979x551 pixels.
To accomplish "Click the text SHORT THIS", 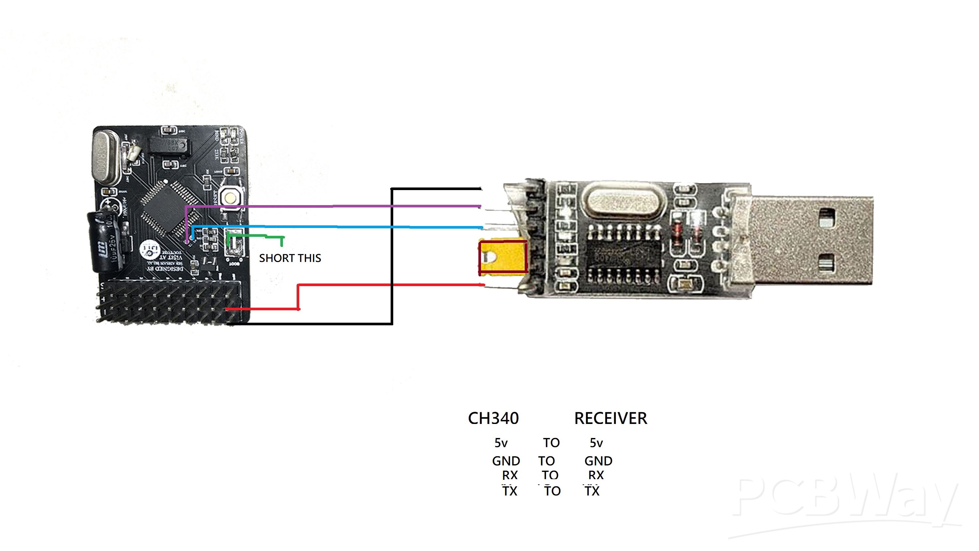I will pyautogui.click(x=290, y=258).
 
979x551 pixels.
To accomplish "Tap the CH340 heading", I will pyautogui.click(x=493, y=418).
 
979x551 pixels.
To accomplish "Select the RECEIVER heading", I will pyautogui.click(x=610, y=418).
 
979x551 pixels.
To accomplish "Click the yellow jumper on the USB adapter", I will pyautogui.click(x=503, y=257).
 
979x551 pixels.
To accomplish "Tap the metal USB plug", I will pyautogui.click(x=802, y=239).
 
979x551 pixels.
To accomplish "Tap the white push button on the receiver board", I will pyautogui.click(x=230, y=197).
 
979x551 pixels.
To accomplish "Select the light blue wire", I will pyautogui.click(x=334, y=227).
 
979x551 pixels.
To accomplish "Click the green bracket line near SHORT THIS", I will pyautogui.click(x=255, y=236).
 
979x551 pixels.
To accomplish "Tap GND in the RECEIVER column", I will pyautogui.click(x=598, y=461).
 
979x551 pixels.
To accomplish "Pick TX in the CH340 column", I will pyautogui.click(x=510, y=491).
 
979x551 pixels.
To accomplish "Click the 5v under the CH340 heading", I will pyautogui.click(x=501, y=443).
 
